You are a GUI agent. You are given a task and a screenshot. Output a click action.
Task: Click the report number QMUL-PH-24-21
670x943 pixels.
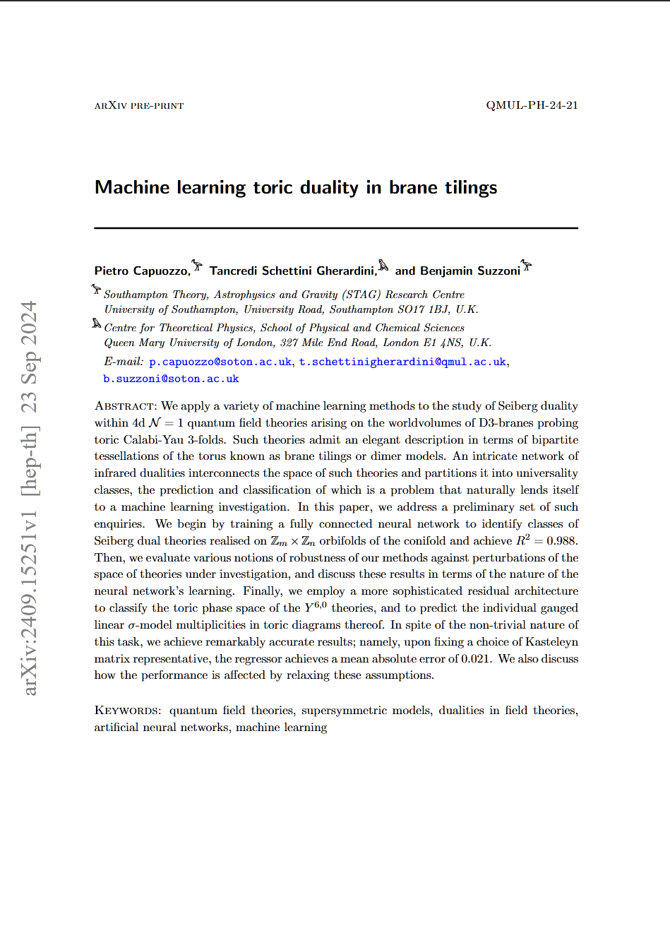[532, 105]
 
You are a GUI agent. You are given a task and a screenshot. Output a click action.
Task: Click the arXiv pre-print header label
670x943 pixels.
[139, 106]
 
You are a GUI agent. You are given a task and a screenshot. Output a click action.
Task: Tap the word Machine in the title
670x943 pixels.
[132, 187]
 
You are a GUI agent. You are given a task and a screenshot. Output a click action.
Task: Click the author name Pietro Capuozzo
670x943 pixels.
[142, 271]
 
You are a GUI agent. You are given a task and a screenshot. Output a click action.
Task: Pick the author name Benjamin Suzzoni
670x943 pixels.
[469, 271]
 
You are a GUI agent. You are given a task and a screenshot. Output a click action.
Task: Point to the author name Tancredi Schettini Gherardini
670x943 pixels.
[293, 271]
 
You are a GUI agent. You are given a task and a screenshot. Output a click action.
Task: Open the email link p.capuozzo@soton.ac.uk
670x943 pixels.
[220, 362]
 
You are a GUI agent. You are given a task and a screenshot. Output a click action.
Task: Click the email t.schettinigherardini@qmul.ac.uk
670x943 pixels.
[402, 362]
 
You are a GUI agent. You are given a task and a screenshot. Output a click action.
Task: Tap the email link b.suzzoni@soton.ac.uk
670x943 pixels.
[171, 379]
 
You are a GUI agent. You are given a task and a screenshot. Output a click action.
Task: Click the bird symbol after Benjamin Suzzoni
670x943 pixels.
[527, 266]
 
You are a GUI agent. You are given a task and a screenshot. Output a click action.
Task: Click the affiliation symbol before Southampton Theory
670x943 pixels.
[97, 290]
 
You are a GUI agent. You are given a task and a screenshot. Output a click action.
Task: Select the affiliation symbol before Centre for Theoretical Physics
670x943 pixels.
[97, 324]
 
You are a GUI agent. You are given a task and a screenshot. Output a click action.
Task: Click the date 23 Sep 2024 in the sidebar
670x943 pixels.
[29, 357]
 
